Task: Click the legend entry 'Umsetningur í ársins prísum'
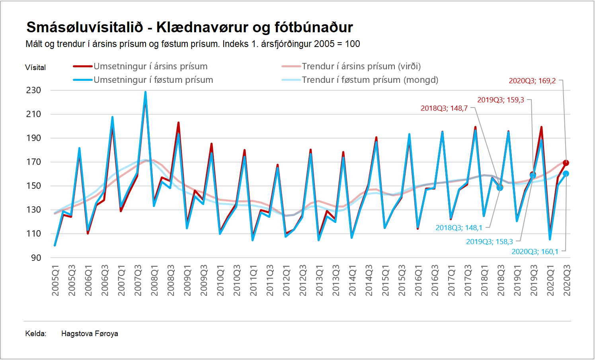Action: click(150, 66)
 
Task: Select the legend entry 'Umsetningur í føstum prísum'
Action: click(153, 80)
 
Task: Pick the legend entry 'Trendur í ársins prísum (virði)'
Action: click(361, 66)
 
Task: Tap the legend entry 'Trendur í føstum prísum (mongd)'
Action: click(370, 80)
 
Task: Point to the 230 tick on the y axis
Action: click(34, 90)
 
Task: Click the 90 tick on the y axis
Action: click(36, 258)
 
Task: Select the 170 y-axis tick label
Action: click(34, 162)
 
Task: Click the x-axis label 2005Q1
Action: click(55, 280)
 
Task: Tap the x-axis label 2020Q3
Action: click(567, 280)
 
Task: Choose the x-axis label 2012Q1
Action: click(286, 280)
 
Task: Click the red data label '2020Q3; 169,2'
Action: click(532, 81)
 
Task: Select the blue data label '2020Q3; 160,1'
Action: click(535, 252)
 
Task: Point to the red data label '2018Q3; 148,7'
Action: click(444, 108)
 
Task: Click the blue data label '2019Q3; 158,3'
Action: click(490, 242)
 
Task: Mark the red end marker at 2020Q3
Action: click(566, 163)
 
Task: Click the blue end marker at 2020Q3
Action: click(566, 174)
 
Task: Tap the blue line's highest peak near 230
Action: click(145, 92)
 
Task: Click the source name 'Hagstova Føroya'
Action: click(90, 334)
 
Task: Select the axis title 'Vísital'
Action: click(35, 68)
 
